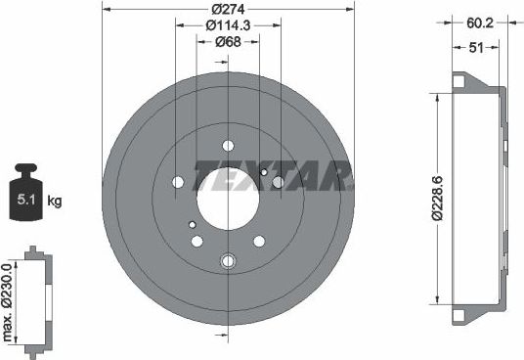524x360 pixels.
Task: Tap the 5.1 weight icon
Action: [x=25, y=200]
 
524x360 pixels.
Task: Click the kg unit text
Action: [x=55, y=202]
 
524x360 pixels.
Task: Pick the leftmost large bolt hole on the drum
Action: [x=177, y=182]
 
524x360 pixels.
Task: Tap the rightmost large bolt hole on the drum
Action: [x=279, y=182]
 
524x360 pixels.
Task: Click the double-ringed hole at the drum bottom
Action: [x=229, y=260]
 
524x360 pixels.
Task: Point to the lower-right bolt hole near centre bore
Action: [x=259, y=241]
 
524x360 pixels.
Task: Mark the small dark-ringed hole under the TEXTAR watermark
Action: [x=264, y=172]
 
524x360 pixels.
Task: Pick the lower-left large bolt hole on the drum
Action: [x=196, y=241]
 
